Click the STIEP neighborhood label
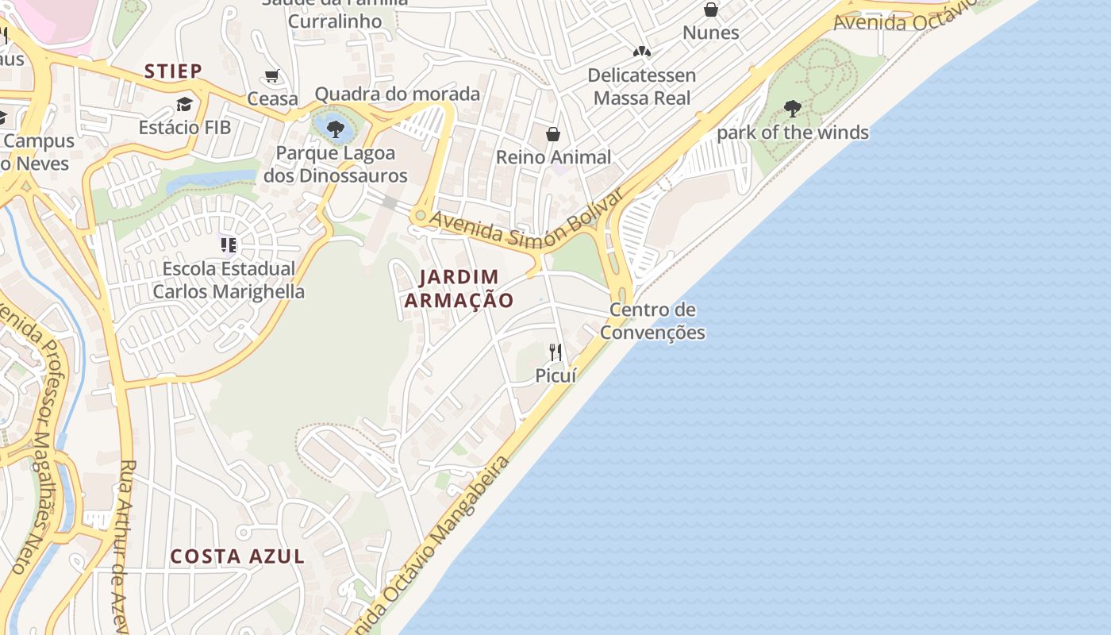point(173,71)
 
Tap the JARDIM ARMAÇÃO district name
point(459,288)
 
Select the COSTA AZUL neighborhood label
point(237,556)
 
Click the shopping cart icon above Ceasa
point(272,76)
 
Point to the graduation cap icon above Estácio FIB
point(184,104)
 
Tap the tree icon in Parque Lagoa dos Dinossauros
point(335,129)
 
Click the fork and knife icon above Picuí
point(555,352)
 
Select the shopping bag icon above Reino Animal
point(553,134)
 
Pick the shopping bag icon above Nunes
point(711,10)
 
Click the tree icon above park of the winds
point(792,109)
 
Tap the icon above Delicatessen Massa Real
point(641,52)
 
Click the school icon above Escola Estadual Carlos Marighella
point(229,245)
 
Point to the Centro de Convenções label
point(652,321)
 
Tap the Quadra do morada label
point(397,94)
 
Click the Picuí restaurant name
point(555,375)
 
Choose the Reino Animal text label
point(553,157)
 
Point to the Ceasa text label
point(272,99)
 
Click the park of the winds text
point(792,133)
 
